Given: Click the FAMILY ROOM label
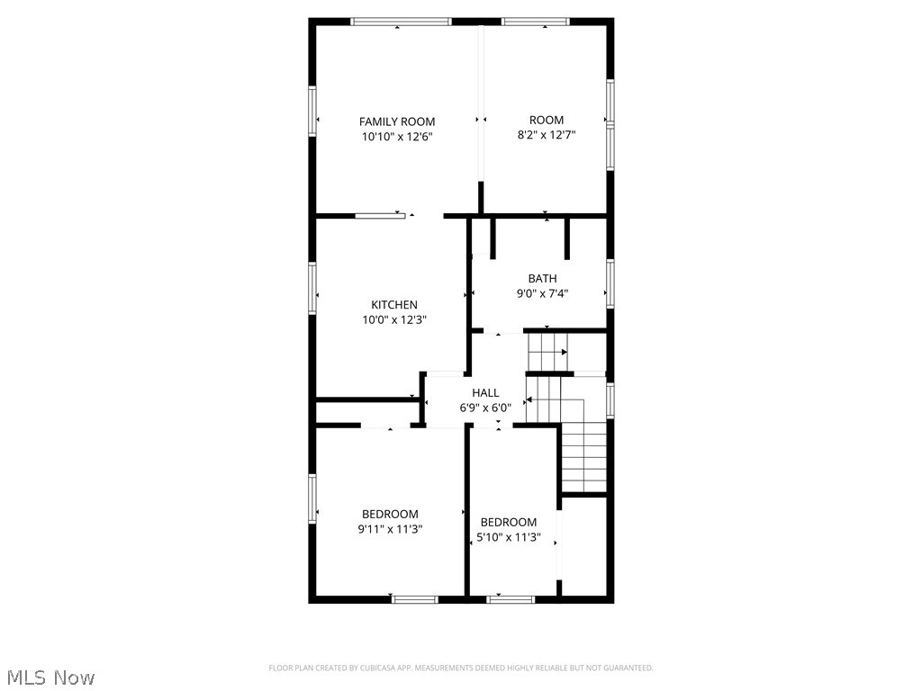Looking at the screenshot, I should pos(397,121).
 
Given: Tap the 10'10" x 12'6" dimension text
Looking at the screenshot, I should pos(397,137).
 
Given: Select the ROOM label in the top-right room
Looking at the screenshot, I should pos(547,120).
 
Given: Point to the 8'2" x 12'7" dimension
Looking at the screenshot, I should pos(547,135).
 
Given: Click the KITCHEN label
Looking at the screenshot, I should pos(394,305).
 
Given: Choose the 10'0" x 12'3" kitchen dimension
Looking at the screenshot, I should pos(394,319).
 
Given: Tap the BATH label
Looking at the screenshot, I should pos(542,279).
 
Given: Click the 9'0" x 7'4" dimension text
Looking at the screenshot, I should pos(542,293).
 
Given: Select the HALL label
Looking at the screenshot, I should pos(485,392).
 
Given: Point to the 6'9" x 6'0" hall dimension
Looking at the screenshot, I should pos(485,407).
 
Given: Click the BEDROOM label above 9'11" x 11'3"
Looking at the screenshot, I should pos(390,515).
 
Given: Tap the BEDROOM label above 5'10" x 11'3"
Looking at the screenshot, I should pos(509,522).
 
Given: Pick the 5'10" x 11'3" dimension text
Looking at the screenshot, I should pos(509,537).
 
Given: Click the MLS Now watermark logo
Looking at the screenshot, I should pos(50,677).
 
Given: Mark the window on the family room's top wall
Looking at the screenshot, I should pos(401,22).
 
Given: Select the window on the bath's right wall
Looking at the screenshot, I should pos(610,283).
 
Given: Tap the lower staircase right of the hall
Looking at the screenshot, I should pos(583,459).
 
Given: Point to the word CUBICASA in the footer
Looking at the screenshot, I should pos(364,668).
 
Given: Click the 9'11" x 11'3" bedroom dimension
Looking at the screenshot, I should pos(390,529).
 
